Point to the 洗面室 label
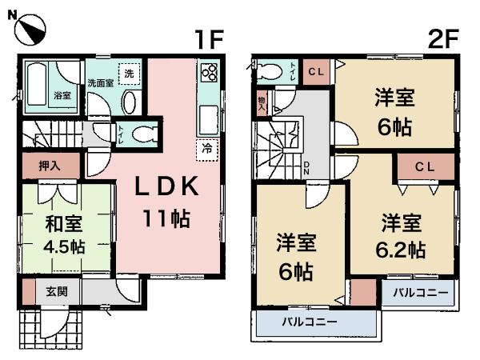point(100,83)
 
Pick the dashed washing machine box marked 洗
point(128,74)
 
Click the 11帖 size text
point(166,218)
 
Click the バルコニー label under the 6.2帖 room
point(419,293)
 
